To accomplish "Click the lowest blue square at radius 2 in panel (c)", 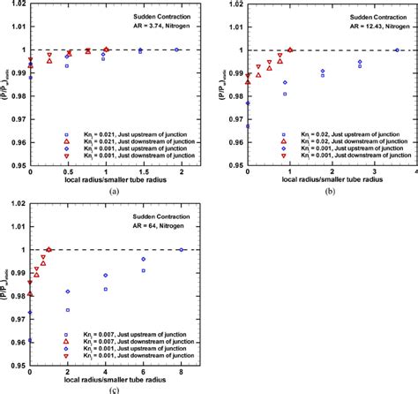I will point(68,310).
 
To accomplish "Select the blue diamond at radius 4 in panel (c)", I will point(106,276).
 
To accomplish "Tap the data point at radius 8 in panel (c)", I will point(181,250).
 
